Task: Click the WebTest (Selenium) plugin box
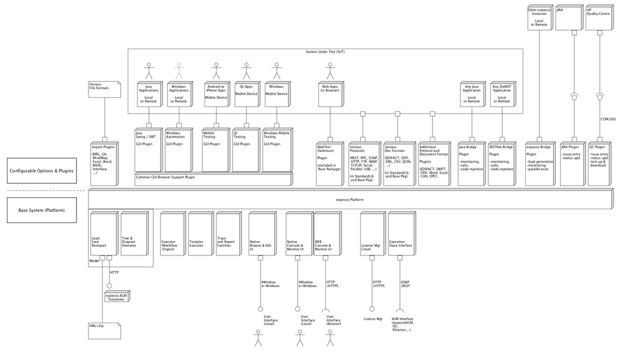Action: tap(328, 163)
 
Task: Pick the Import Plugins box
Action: tap(103, 163)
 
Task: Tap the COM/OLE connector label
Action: tap(607, 118)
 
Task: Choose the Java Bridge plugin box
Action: tap(470, 163)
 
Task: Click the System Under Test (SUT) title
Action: tap(330, 51)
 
